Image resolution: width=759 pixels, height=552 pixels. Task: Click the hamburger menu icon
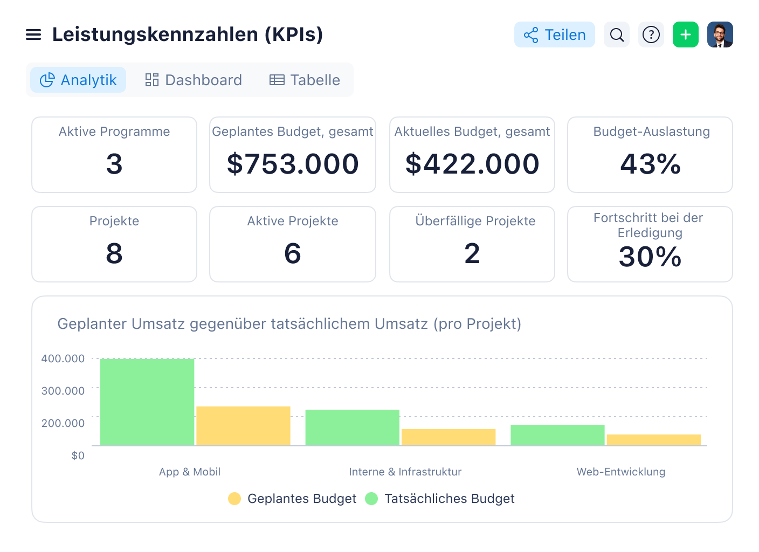(x=33, y=35)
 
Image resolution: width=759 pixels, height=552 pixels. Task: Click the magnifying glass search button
(x=617, y=35)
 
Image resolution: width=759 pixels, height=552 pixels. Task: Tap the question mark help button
(x=651, y=35)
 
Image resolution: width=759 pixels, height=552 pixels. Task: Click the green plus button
(x=686, y=35)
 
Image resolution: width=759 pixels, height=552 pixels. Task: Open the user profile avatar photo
(x=720, y=35)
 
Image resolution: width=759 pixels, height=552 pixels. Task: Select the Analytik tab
(x=78, y=80)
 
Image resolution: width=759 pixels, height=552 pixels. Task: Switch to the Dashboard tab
(x=194, y=80)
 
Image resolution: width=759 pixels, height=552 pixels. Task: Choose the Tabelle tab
(x=305, y=80)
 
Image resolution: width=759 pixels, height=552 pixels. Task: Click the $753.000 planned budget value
(x=293, y=164)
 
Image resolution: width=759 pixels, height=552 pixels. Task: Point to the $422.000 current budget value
(x=472, y=164)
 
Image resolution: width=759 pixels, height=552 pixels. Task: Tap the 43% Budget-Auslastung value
(x=650, y=164)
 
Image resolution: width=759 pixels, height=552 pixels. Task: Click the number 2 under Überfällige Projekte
(x=472, y=253)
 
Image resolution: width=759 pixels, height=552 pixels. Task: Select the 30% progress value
(x=650, y=257)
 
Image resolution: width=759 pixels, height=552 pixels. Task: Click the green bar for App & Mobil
(x=147, y=402)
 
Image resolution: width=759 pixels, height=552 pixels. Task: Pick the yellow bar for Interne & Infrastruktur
(x=448, y=437)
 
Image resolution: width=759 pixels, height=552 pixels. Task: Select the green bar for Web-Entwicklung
(x=557, y=435)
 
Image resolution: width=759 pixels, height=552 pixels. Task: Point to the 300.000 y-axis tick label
(x=63, y=391)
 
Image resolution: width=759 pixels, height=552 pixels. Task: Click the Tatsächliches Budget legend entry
(x=440, y=499)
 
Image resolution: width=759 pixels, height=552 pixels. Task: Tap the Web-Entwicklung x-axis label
(x=620, y=472)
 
